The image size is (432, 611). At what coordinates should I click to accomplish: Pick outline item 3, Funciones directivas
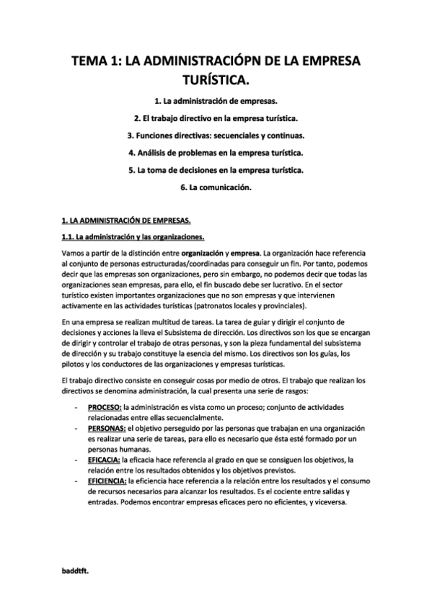(216, 135)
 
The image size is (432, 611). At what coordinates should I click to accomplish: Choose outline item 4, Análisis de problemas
(216, 153)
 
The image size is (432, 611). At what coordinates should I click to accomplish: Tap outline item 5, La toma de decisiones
(216, 171)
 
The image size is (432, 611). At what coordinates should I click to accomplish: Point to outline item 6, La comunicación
(216, 188)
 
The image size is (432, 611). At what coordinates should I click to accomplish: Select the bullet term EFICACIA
(103, 458)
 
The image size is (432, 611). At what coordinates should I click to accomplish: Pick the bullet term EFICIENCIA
(107, 479)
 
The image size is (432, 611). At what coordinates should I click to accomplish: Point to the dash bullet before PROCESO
(76, 407)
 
